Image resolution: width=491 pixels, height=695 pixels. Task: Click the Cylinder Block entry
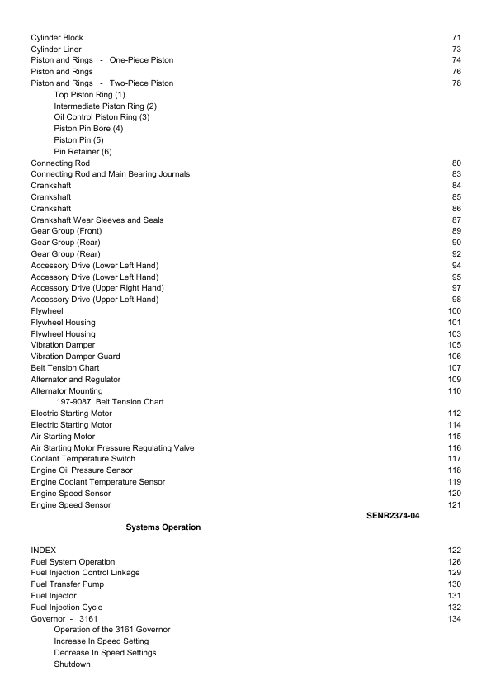[x=56, y=38]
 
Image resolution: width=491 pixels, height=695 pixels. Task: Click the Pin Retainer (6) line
[x=83, y=152]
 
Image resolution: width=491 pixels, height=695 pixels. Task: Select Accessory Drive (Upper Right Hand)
[x=97, y=288]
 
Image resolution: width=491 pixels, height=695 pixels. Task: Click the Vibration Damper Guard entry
[x=75, y=357]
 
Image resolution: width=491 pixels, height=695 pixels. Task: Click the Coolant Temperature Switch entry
[x=83, y=459]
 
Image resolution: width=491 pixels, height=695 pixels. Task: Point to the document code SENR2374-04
[x=393, y=516]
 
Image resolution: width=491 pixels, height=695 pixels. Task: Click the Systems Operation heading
[x=163, y=527]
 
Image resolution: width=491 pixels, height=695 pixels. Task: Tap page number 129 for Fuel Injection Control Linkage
[x=454, y=573]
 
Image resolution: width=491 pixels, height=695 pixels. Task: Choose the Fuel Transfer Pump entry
[x=67, y=584]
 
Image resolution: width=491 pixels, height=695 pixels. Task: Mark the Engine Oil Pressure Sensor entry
[x=81, y=470]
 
